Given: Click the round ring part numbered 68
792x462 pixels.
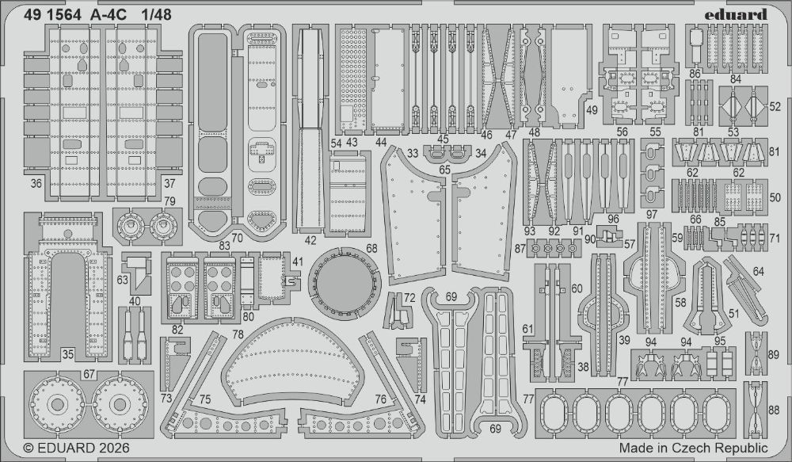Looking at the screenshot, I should [342, 282].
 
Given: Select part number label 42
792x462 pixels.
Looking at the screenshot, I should [310, 239].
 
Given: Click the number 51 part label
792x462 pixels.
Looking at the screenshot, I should [734, 313].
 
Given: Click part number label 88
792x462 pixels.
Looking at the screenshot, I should [774, 410].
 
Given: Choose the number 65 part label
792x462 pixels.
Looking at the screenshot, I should [444, 170].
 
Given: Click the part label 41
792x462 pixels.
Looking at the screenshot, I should [297, 262].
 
